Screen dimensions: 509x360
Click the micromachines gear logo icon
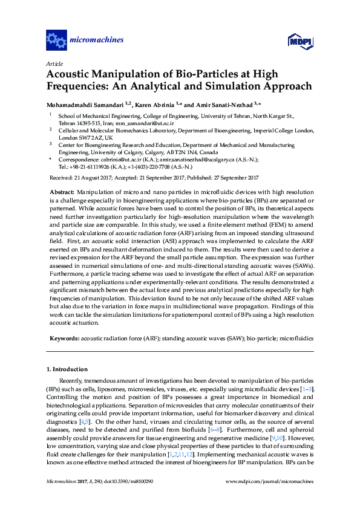56,41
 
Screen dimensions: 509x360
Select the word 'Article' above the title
54,63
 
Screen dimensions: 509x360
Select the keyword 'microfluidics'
293,339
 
